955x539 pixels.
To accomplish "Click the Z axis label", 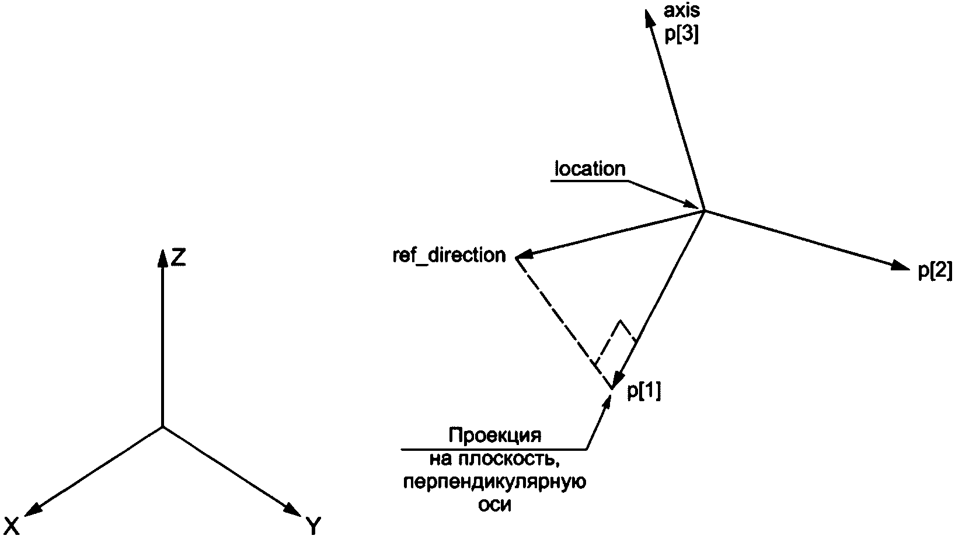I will click(178, 257).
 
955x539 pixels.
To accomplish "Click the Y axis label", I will click(313, 527).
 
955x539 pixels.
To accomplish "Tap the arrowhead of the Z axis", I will click(162, 256).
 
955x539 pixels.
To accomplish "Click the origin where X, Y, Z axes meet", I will click(162, 427).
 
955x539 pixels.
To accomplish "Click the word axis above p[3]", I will click(682, 11).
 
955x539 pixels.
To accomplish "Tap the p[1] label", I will click(644, 392).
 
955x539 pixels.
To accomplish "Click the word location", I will click(590, 169).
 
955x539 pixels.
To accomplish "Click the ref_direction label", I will click(449, 256).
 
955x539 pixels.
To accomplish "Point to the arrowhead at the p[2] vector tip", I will click(900, 266).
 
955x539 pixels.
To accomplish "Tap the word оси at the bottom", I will click(494, 505).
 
